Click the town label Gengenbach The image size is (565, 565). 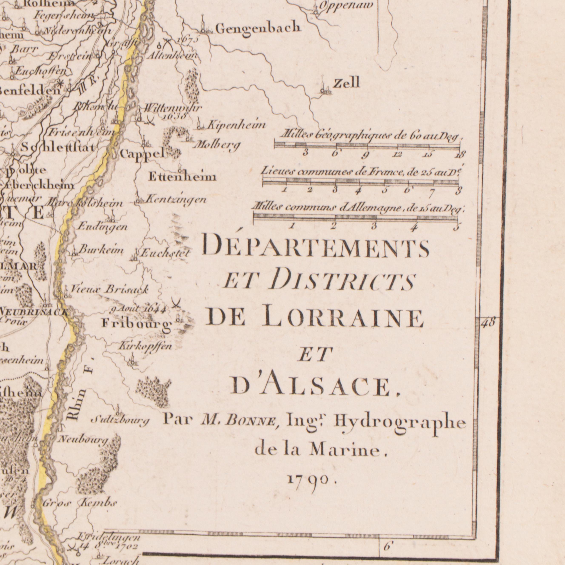258,28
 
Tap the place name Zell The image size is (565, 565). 347,84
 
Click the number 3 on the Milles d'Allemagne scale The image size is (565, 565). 374,226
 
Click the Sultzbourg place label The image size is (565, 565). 120,421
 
